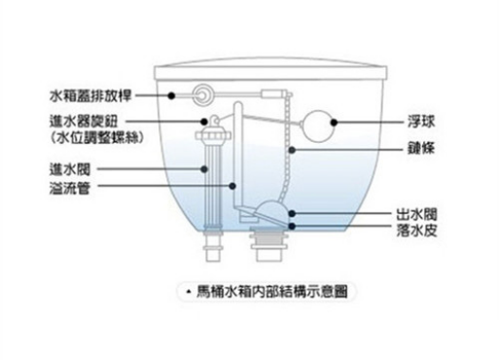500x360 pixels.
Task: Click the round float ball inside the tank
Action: (316, 124)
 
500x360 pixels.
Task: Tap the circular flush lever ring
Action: (203, 95)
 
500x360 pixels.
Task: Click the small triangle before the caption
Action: (187, 291)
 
